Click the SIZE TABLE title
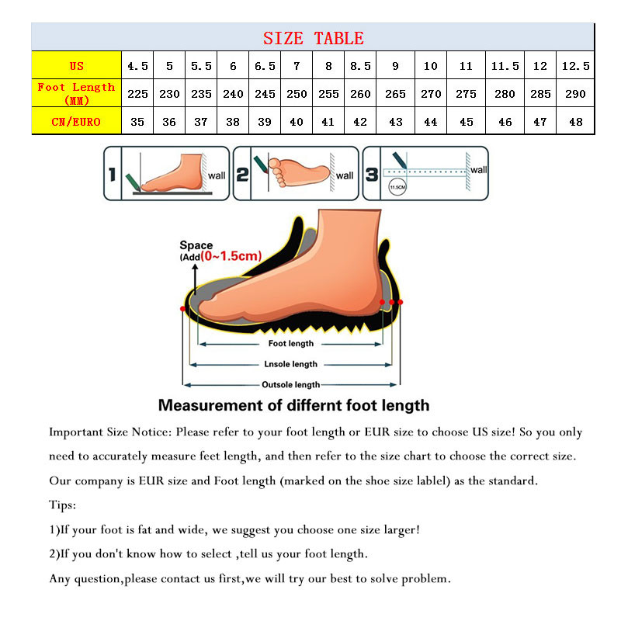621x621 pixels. pos(313,38)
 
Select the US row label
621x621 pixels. pos(76,66)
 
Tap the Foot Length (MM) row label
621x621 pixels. pos(76,93)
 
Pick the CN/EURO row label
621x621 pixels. pos(76,121)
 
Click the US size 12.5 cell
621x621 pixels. pos(575,66)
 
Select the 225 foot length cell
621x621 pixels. pos(137,94)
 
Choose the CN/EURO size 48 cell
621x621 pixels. pos(575,121)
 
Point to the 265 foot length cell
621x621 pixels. pos(395,94)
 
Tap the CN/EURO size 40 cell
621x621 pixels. pos(297,121)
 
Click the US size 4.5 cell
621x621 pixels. pos(137,66)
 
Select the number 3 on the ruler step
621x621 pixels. pos(371,174)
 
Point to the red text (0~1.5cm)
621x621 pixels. pos(231,255)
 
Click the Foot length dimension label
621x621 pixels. pos(291,343)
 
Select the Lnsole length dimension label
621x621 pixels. pos(291,364)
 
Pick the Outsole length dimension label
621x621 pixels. pos(291,384)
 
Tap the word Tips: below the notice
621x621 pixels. pos(63,505)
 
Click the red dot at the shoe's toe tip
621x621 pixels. pos(182,309)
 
